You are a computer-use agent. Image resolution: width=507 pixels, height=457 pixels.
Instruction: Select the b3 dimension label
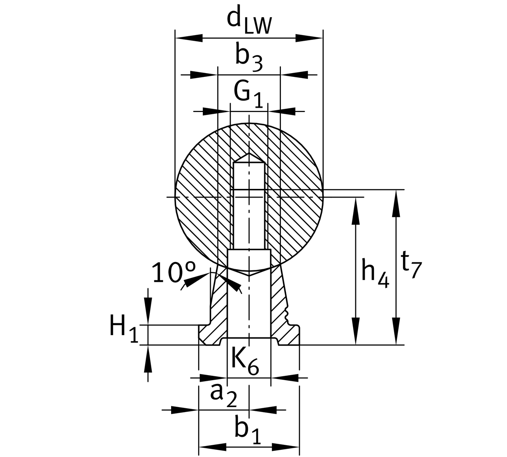[249, 58]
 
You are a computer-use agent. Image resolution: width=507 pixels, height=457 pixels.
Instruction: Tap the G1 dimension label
[248, 94]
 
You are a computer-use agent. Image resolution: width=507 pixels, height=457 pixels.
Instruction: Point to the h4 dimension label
[375, 273]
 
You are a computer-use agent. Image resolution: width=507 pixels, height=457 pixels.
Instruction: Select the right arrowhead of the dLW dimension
[309, 38]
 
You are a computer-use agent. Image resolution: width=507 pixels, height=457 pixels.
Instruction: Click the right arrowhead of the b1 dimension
[286, 446]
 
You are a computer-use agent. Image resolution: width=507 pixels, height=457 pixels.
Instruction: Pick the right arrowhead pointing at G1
[282, 111]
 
